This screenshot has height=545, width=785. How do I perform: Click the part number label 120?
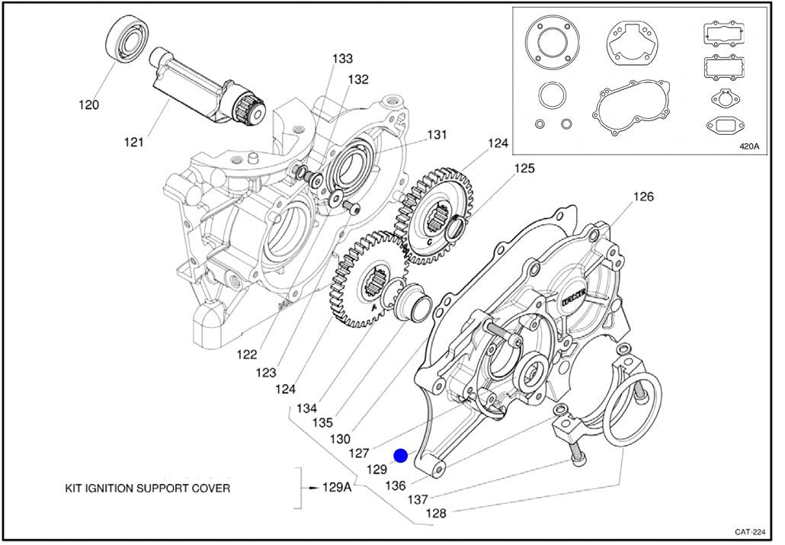[88, 105]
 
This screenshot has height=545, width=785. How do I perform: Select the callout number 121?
[134, 142]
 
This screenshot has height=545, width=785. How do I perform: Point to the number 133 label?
[342, 59]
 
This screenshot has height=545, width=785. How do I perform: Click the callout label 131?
[436, 135]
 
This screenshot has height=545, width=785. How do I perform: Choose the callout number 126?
[643, 197]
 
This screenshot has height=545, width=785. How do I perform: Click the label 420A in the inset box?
[750, 147]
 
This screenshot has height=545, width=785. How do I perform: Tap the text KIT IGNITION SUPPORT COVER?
[147, 488]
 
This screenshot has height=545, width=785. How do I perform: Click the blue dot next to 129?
[401, 456]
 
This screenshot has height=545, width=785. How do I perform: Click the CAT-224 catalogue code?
[751, 532]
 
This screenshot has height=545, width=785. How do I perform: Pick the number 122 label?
[246, 354]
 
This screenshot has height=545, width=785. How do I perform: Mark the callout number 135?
[322, 422]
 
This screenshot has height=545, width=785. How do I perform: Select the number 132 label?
[358, 79]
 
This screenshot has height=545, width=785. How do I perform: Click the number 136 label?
[396, 486]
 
